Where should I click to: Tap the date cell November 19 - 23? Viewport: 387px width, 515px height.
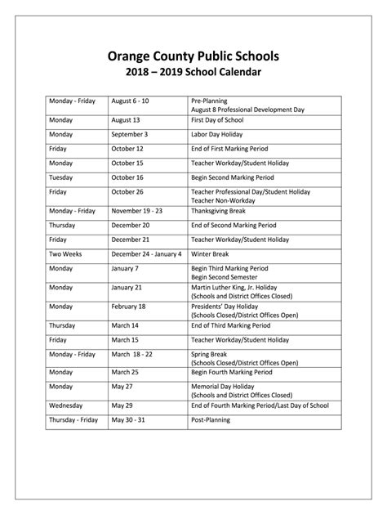coord(137,211)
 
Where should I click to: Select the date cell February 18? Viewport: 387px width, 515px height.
coord(129,307)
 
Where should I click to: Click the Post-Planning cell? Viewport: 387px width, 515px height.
coord(211,420)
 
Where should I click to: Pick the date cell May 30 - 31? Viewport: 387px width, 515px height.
coord(131,420)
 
